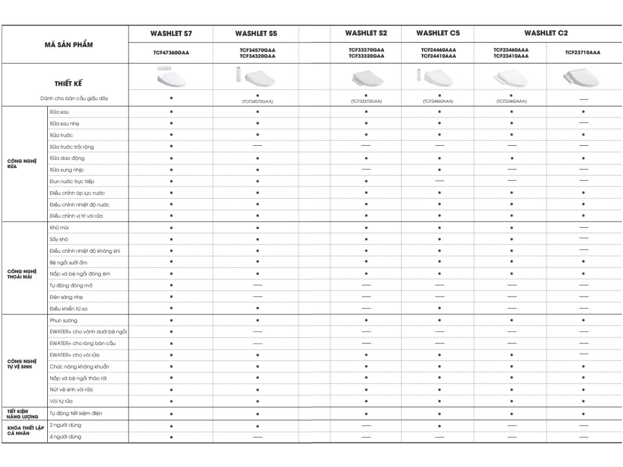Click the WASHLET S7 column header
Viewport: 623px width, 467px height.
click(171, 34)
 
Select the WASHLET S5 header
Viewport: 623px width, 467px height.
click(256, 34)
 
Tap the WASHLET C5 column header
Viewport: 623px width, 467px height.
click(438, 33)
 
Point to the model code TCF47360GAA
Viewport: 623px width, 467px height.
click(171, 52)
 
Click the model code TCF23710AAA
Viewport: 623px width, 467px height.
click(583, 52)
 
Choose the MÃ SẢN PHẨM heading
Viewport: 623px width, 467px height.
click(69, 45)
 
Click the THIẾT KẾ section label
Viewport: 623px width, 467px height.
click(69, 84)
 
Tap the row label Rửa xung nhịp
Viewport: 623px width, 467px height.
click(66, 170)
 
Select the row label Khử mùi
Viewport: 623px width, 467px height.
click(59, 228)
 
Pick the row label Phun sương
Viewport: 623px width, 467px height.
click(63, 321)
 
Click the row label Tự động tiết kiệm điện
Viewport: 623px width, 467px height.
click(76, 414)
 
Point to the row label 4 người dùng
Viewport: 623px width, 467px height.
click(65, 437)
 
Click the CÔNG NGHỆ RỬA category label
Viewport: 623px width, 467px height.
click(22, 164)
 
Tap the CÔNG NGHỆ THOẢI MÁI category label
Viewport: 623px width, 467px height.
click(22, 273)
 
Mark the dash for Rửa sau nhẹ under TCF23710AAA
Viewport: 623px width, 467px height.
click(584, 123)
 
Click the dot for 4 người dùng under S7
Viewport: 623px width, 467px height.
click(171, 437)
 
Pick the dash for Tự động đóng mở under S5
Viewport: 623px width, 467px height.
click(258, 285)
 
